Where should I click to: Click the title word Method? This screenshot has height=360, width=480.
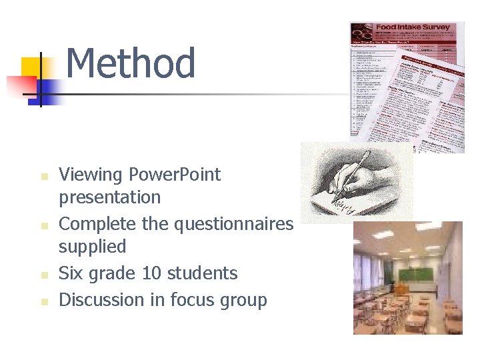tap(131, 64)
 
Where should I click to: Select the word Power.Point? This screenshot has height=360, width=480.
tap(174, 175)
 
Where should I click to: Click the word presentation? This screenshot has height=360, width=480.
tap(110, 198)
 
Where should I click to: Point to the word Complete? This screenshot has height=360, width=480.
tap(97, 225)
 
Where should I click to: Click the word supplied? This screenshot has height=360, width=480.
tap(92, 247)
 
